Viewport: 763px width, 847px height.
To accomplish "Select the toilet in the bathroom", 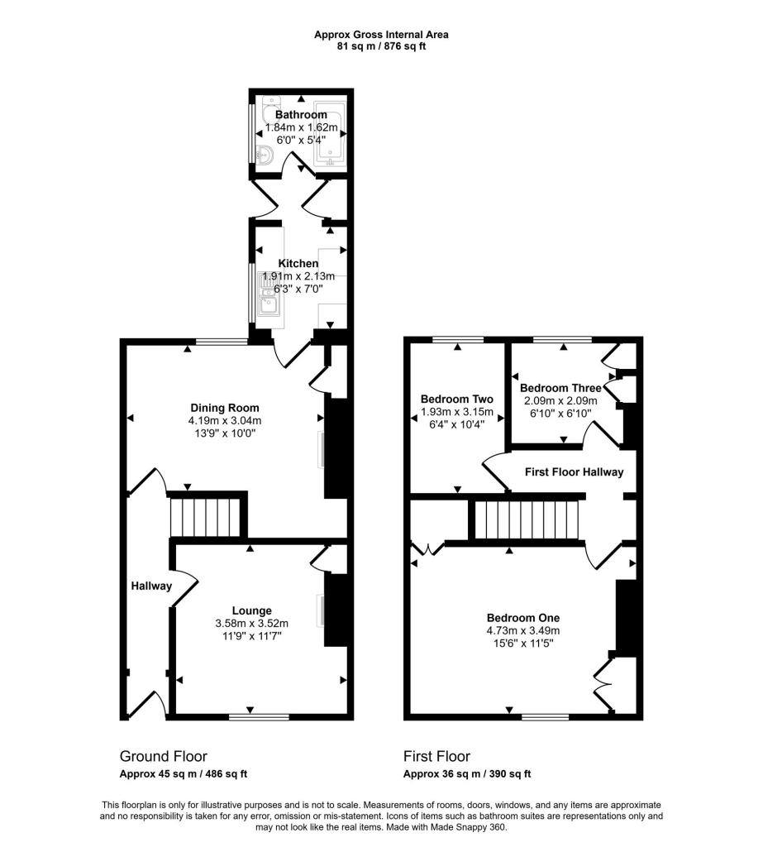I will coord(265,155).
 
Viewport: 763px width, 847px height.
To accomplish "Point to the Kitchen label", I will coord(298,263).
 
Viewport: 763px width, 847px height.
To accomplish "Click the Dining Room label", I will coord(225,408).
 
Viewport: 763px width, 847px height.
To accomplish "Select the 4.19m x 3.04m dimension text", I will coord(225,420).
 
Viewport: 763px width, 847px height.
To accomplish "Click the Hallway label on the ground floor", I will coord(151,586).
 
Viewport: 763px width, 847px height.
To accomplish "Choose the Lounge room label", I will coord(252,611).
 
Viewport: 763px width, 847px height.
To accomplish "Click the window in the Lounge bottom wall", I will coord(258,716).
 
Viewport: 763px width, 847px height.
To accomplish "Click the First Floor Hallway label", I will coord(575,471).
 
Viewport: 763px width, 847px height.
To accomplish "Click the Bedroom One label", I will coord(522,618).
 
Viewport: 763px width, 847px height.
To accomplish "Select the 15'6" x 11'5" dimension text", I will coord(522,643).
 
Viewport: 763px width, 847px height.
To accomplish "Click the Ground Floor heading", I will coord(164,756).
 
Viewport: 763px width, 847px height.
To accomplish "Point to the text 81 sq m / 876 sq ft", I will coord(381,46).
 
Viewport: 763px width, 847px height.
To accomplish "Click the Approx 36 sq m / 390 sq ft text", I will coord(466,774).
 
